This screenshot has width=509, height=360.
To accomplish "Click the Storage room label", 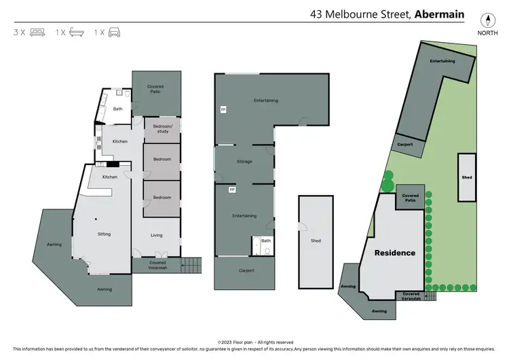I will (x=244, y=162).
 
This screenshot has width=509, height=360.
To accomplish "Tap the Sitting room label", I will (x=104, y=234).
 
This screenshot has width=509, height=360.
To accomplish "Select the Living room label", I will (x=157, y=236).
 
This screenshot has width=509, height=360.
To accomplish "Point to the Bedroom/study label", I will (x=163, y=129).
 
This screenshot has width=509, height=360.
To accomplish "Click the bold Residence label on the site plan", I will (x=396, y=253).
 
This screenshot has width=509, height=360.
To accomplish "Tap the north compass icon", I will (x=485, y=19).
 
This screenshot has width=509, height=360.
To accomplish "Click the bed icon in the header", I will (x=37, y=32).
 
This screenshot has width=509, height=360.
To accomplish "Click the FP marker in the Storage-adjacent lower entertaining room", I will (x=232, y=190).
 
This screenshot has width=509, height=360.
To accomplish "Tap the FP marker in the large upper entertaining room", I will (x=223, y=109).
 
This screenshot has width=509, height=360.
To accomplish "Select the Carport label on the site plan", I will (x=406, y=145).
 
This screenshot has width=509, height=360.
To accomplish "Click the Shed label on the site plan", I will (x=467, y=178).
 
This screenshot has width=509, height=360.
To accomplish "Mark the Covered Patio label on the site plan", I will (x=411, y=198).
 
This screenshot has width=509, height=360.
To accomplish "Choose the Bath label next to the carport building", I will (x=265, y=240).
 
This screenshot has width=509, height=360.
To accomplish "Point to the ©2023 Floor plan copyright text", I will (x=254, y=342).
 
